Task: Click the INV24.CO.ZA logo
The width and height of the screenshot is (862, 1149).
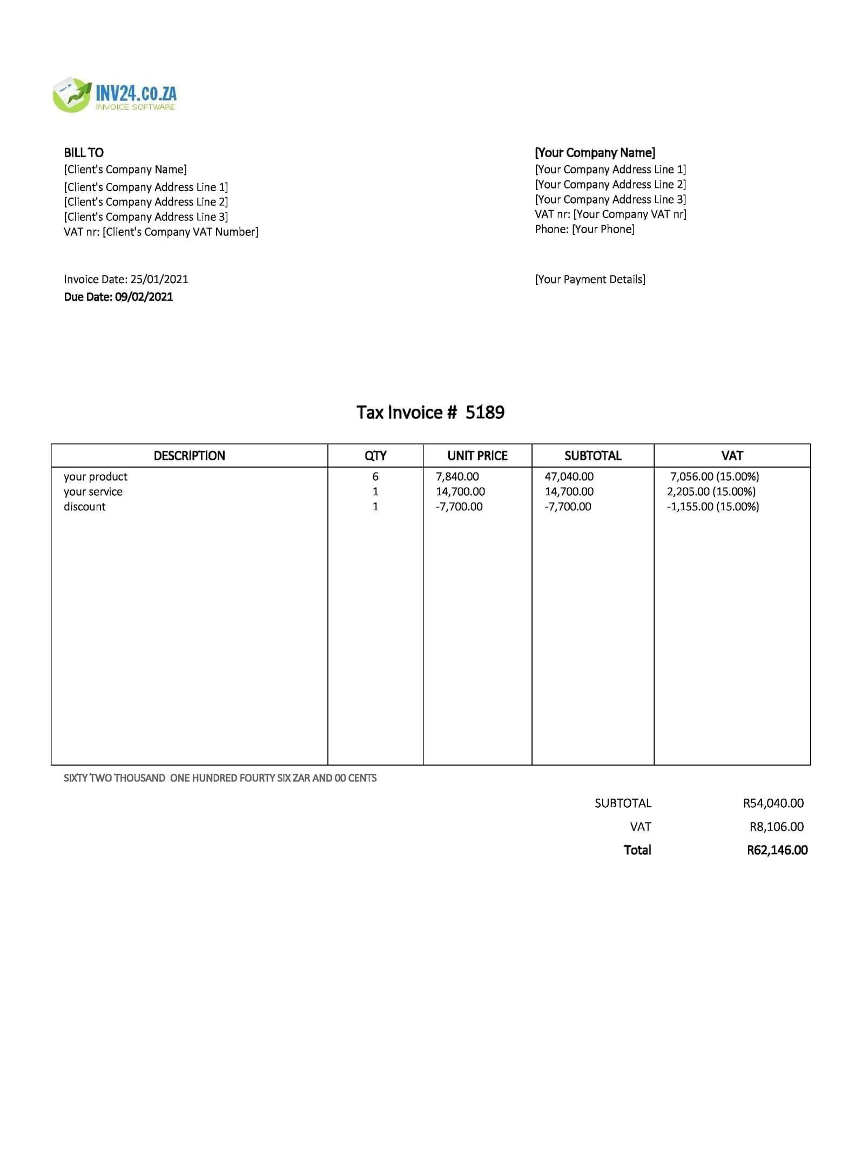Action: click(x=115, y=95)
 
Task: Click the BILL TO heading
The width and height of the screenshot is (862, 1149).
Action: click(x=84, y=153)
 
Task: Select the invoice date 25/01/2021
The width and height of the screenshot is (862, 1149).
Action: click(x=159, y=279)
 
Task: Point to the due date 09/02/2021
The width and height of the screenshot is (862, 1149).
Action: click(x=144, y=296)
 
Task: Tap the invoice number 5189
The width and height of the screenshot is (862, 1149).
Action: click(x=484, y=413)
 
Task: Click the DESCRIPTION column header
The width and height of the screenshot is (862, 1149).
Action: click(x=189, y=456)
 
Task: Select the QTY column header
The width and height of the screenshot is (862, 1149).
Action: click(x=375, y=456)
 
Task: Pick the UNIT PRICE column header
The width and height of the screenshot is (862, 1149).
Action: click(x=477, y=456)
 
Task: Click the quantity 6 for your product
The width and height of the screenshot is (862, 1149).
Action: click(x=375, y=477)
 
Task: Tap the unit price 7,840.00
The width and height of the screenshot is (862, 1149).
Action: click(x=457, y=477)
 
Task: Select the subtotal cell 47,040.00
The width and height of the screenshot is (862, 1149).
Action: click(x=569, y=477)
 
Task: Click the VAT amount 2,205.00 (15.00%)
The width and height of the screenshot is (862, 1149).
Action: click(x=711, y=492)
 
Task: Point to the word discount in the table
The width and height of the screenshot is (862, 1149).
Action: click(x=85, y=507)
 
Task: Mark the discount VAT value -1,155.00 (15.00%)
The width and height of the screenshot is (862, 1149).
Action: click(x=712, y=507)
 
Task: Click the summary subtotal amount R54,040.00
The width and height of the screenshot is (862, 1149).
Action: click(x=773, y=803)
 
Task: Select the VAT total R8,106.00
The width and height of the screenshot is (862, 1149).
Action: click(x=776, y=827)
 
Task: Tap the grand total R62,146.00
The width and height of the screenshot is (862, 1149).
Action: click(x=777, y=850)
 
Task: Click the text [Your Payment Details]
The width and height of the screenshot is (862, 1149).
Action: click(x=590, y=279)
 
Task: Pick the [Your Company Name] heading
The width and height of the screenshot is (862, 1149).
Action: click(x=595, y=153)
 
